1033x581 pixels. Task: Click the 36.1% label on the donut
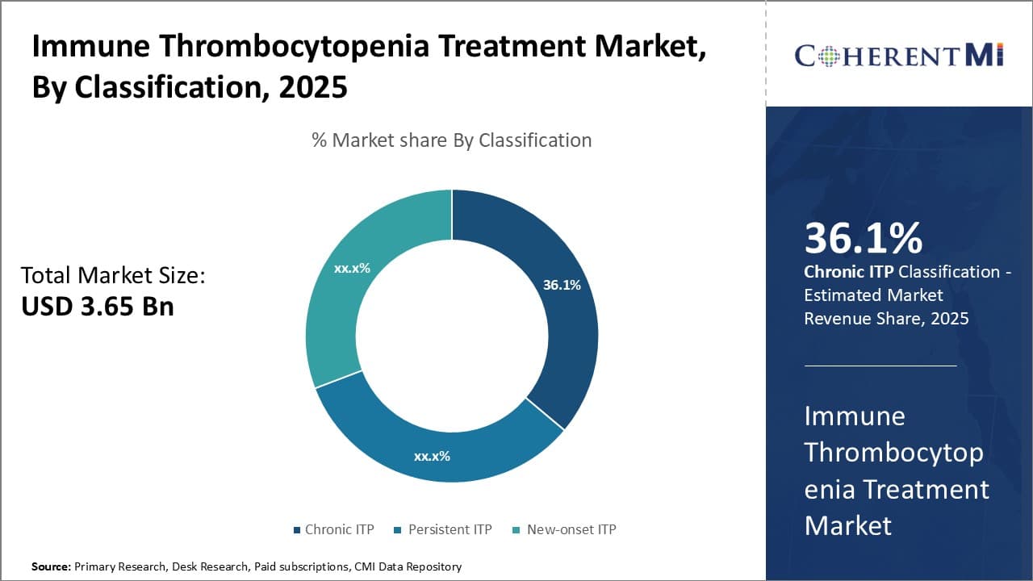[562, 285]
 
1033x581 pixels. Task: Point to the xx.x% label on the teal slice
[352, 268]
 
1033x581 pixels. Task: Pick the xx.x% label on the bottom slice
[432, 456]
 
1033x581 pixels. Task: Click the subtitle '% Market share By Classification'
[452, 140]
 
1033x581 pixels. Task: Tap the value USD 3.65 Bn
[98, 307]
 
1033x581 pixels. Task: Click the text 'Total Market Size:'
[113, 276]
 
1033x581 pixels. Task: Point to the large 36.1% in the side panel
[863, 238]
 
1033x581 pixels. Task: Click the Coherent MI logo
[899, 55]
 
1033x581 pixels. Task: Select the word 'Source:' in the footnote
[51, 566]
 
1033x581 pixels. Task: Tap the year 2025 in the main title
[313, 86]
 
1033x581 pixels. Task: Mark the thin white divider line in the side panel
[880, 366]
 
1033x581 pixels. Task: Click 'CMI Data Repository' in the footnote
[408, 566]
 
